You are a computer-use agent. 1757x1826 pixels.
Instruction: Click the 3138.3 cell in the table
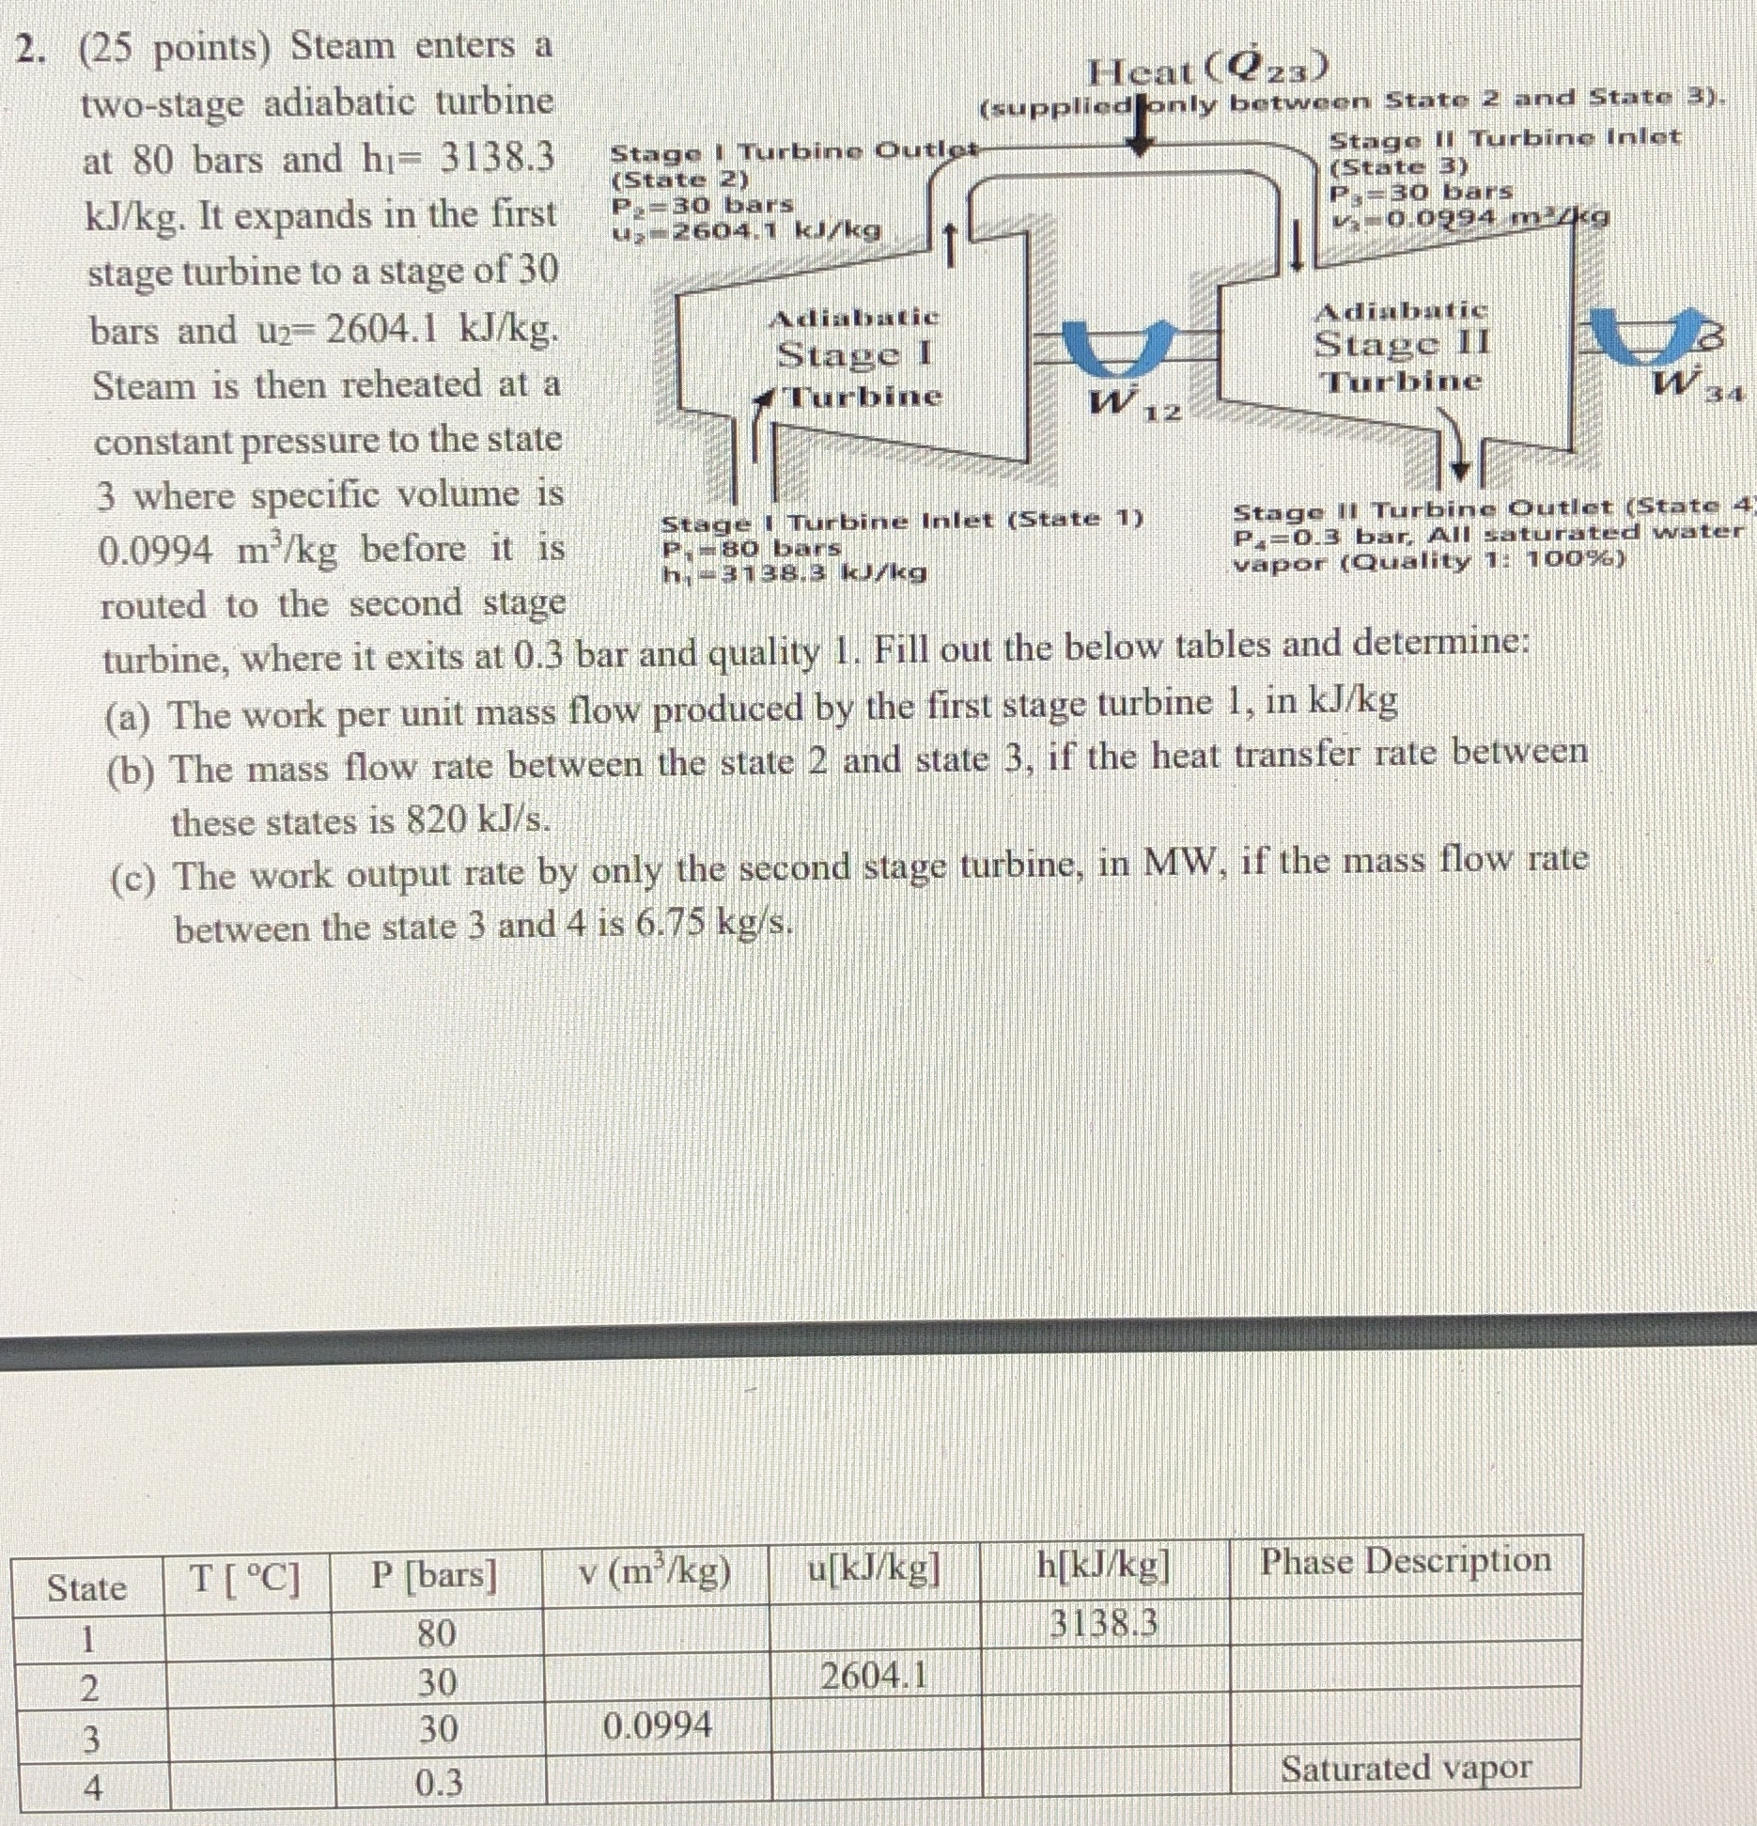(1103, 1623)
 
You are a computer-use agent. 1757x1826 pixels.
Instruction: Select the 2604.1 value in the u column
(874, 1675)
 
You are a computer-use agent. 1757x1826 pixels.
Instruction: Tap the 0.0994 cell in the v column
(657, 1725)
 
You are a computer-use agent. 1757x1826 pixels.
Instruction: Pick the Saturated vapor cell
(1406, 1768)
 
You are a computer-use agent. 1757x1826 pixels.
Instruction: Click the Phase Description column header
(1406, 1561)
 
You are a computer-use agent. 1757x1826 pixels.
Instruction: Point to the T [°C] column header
(246, 1579)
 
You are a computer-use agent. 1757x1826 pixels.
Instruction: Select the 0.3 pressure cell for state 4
(439, 1782)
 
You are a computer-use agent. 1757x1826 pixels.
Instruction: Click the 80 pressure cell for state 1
(437, 1633)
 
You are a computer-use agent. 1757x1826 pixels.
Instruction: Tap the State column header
(86, 1587)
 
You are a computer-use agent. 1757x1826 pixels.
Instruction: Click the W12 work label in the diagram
(1132, 403)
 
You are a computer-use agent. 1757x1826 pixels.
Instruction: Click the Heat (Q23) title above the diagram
(1207, 68)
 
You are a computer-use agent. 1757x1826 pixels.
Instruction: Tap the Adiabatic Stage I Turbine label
(855, 356)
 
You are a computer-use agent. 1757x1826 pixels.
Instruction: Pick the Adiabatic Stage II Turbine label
(1402, 346)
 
